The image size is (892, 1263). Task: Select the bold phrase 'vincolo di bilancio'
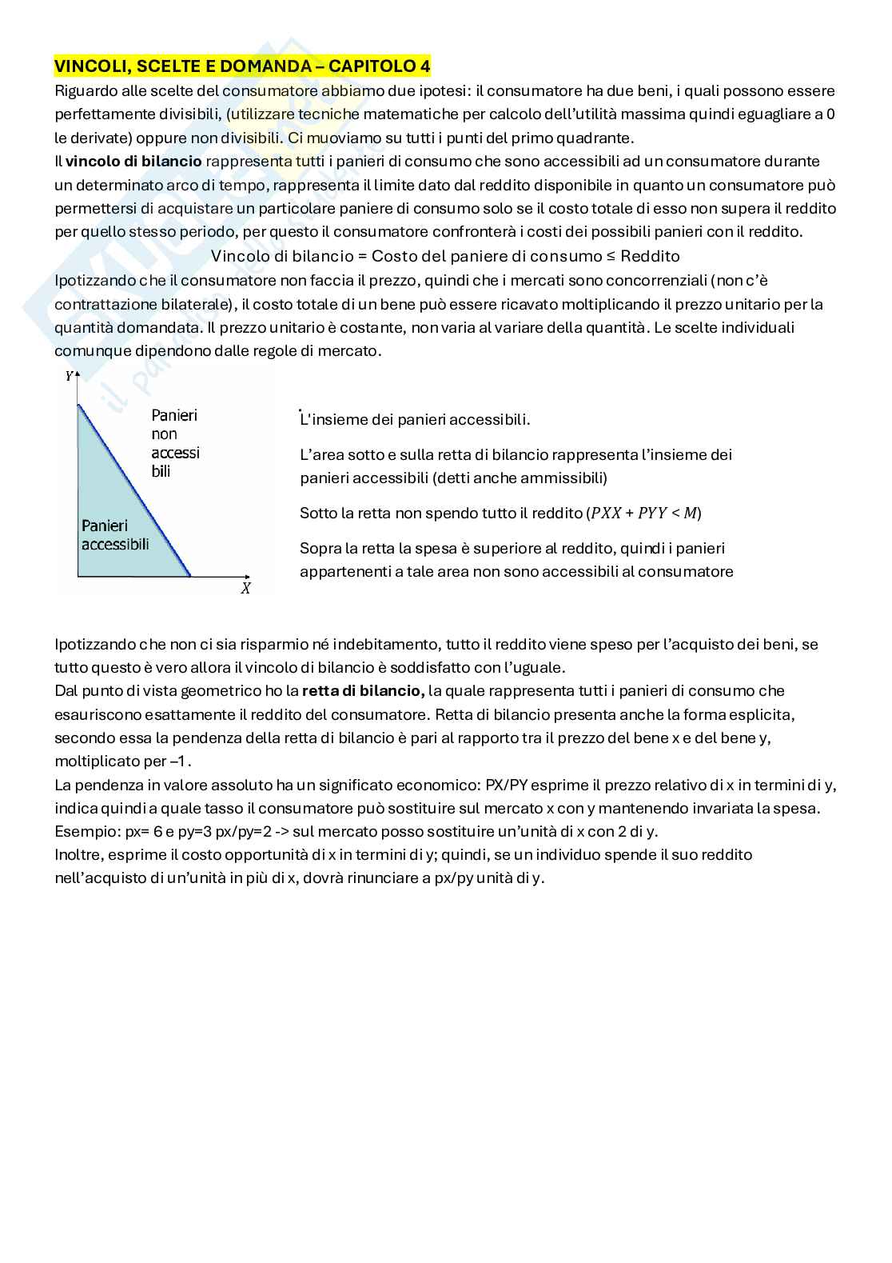point(133,162)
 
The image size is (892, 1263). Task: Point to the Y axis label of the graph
point(69,375)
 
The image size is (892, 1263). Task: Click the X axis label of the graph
point(245,589)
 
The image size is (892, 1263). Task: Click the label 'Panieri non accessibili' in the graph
point(175,443)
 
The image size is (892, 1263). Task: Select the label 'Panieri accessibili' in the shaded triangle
point(115,535)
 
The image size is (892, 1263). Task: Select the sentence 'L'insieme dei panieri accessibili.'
point(415,420)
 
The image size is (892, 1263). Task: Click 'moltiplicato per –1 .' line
point(123,761)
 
